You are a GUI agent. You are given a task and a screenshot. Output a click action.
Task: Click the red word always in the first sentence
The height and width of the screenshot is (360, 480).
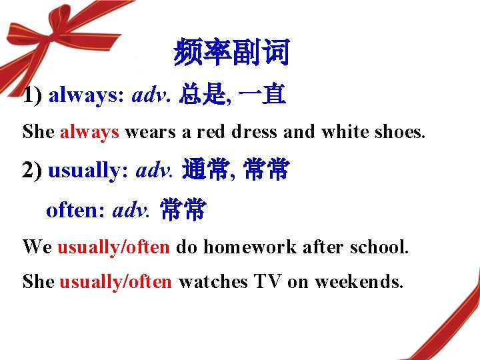click(89, 132)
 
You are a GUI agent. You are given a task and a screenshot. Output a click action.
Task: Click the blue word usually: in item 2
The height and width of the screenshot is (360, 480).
click(89, 170)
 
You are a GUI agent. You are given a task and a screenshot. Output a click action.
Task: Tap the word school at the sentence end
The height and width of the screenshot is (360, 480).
click(381, 247)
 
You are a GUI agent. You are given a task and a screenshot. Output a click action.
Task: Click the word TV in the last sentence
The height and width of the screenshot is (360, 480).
click(267, 282)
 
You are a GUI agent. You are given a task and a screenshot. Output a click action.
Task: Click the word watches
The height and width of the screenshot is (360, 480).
click(213, 282)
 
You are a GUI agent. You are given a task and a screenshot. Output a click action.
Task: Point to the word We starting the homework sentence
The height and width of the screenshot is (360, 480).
click(37, 247)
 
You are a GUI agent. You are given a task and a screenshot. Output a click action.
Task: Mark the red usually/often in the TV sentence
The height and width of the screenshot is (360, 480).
click(115, 282)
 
